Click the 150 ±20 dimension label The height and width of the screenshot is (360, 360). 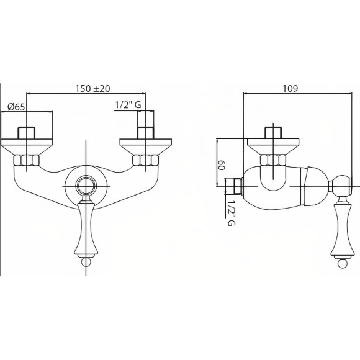pyautogui.click(x=92, y=88)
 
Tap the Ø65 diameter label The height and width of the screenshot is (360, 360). pyautogui.click(x=16, y=107)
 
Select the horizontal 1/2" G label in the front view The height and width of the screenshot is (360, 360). pyautogui.click(x=128, y=105)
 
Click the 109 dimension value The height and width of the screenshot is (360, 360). pyautogui.click(x=290, y=88)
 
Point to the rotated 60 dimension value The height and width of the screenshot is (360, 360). pyautogui.click(x=221, y=165)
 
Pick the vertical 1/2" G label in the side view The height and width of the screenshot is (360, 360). pyautogui.click(x=232, y=213)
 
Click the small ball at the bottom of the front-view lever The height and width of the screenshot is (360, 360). pyautogui.click(x=86, y=262)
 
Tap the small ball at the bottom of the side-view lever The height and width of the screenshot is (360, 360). pyautogui.click(x=343, y=263)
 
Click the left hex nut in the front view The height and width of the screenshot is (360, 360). pyautogui.click(x=27, y=160)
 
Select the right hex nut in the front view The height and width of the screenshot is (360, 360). pyautogui.click(x=146, y=160)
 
